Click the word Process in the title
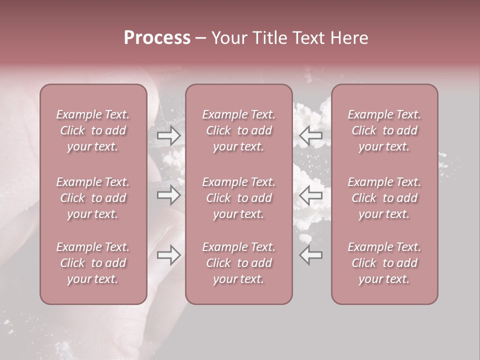point(157,38)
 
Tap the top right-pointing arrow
point(168,135)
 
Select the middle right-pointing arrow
point(168,195)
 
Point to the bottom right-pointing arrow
point(168,255)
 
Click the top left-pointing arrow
point(311,135)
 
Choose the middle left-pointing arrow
point(311,195)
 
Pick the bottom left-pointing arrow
point(311,255)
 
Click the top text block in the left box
point(93,130)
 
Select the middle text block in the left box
point(93,198)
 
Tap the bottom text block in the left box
point(93,263)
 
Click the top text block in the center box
point(238,130)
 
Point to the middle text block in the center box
point(238,198)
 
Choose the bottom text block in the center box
point(238,263)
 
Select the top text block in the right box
point(384,130)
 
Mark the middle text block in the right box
point(384,198)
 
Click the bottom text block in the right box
point(384,263)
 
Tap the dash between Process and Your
point(201,38)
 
